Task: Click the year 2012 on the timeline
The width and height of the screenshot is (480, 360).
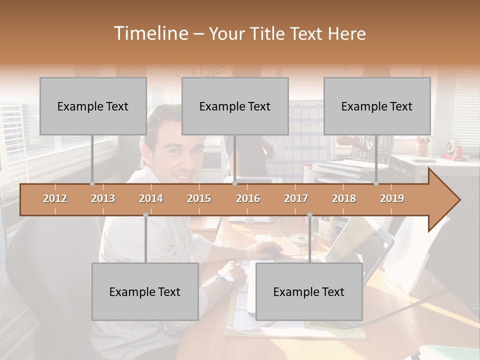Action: coord(55,198)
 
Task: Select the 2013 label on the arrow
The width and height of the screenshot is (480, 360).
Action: coord(103,198)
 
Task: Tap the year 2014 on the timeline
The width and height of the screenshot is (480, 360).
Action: coord(151,198)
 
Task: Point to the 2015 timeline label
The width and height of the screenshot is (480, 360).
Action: coord(199,198)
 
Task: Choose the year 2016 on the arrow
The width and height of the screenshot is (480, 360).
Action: coord(248,198)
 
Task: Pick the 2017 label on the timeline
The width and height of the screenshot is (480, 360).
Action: coord(296,198)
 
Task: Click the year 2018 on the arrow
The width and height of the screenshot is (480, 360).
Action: coord(344,198)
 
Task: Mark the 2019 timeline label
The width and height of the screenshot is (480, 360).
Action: coord(392,198)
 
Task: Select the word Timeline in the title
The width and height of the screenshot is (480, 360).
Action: coord(150,33)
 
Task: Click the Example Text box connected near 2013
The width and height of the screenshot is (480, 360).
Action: coord(93,106)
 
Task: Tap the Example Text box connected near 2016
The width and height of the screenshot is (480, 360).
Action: coord(235,106)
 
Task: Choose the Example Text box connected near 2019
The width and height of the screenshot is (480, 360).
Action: coord(377,106)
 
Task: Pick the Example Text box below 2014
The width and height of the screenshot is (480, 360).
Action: coord(145,291)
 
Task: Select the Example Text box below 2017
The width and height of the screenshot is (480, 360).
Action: coord(309,291)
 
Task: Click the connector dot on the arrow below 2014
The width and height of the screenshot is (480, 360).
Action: coord(145,215)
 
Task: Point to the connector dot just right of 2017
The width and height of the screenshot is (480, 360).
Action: coord(309,215)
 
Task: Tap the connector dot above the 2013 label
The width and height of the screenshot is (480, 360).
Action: coord(92,183)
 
